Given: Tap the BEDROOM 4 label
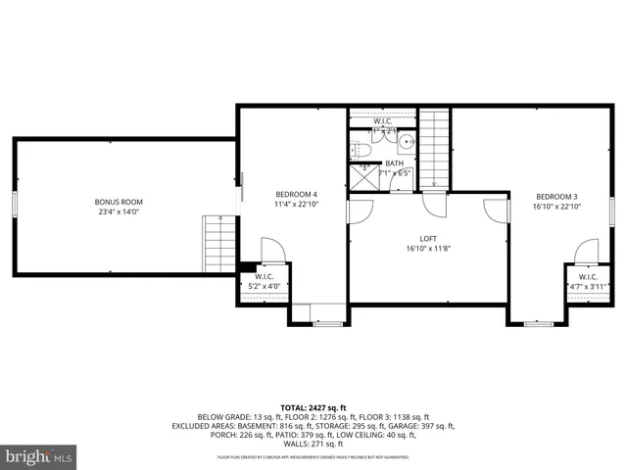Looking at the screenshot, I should pos(295,195).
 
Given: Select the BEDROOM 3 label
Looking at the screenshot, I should pos(555,195).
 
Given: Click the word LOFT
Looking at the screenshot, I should pos(428,238).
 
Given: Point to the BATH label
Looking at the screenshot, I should pos(394,164).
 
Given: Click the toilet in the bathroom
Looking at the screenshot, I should pos(358,151).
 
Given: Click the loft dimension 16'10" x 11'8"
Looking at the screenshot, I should pos(428,249).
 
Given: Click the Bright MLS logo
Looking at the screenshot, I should pos(39,456).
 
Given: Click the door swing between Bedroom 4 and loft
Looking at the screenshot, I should pos(361,211).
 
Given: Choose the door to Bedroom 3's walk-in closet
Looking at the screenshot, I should pos(586,252).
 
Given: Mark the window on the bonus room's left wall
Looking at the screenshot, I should pos(15,203).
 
